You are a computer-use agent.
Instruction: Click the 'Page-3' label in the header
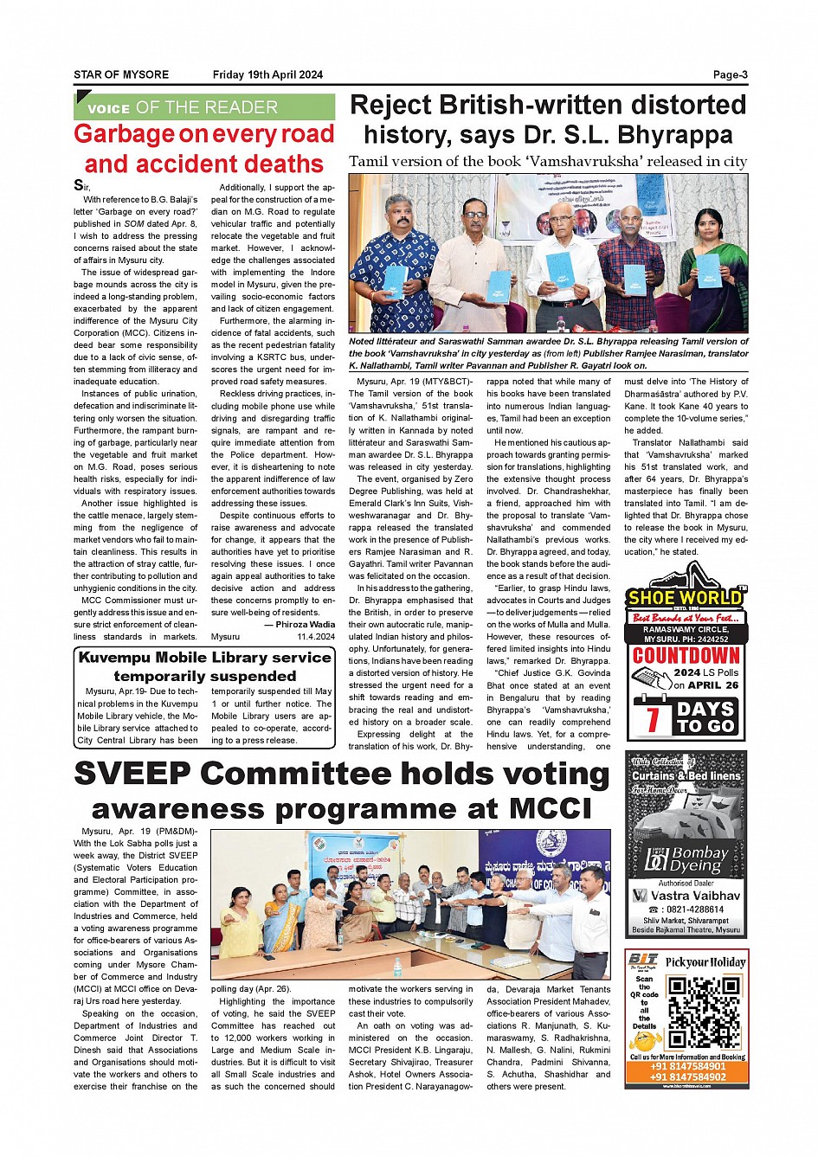point(730,74)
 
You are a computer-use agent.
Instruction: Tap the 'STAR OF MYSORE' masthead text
point(121,74)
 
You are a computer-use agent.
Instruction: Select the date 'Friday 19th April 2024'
point(267,74)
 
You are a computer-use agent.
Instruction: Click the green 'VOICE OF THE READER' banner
point(204,107)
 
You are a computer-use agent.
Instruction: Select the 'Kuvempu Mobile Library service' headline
point(204,658)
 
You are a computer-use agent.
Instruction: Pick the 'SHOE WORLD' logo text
point(685,597)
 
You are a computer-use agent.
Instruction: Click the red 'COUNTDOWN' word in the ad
point(686,655)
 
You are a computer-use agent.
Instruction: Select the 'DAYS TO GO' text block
point(705,717)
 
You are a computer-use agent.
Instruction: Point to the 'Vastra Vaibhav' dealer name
point(695,896)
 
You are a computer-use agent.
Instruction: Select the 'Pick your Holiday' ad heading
point(705,962)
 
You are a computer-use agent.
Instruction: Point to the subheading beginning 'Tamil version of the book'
point(547,162)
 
